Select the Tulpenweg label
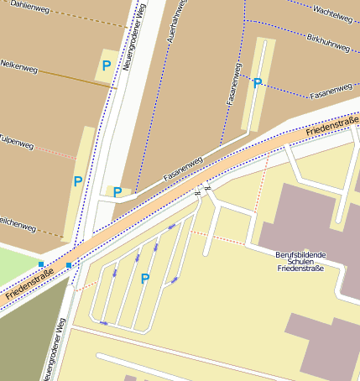tap(17, 144)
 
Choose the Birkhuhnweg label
tap(328, 44)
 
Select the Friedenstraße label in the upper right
tap(331, 128)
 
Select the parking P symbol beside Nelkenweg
tap(107, 65)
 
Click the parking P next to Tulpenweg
tap(78, 181)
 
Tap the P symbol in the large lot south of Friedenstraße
tap(145, 279)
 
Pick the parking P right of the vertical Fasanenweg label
tap(258, 84)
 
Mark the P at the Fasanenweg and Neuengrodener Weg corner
tap(117, 192)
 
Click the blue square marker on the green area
tap(41, 264)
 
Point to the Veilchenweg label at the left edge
tap(18, 227)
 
